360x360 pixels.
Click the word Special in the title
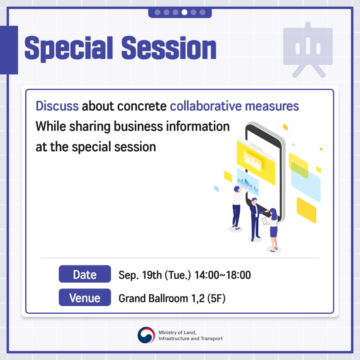(x=69, y=49)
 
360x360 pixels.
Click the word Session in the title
(x=169, y=48)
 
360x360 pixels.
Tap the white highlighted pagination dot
(x=184, y=12)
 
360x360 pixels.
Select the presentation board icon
(x=308, y=50)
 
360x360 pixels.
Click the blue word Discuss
(x=57, y=106)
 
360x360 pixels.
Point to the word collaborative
(x=206, y=106)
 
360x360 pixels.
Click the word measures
(x=272, y=107)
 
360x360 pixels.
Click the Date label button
(x=85, y=274)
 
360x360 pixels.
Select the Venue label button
(x=85, y=297)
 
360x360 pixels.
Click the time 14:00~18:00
(x=222, y=275)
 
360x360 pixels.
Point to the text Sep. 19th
(x=140, y=275)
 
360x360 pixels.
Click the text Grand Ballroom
(x=153, y=298)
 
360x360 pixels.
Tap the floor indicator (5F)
(x=216, y=298)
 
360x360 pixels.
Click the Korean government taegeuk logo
(x=146, y=335)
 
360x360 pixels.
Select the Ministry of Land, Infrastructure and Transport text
(x=190, y=335)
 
